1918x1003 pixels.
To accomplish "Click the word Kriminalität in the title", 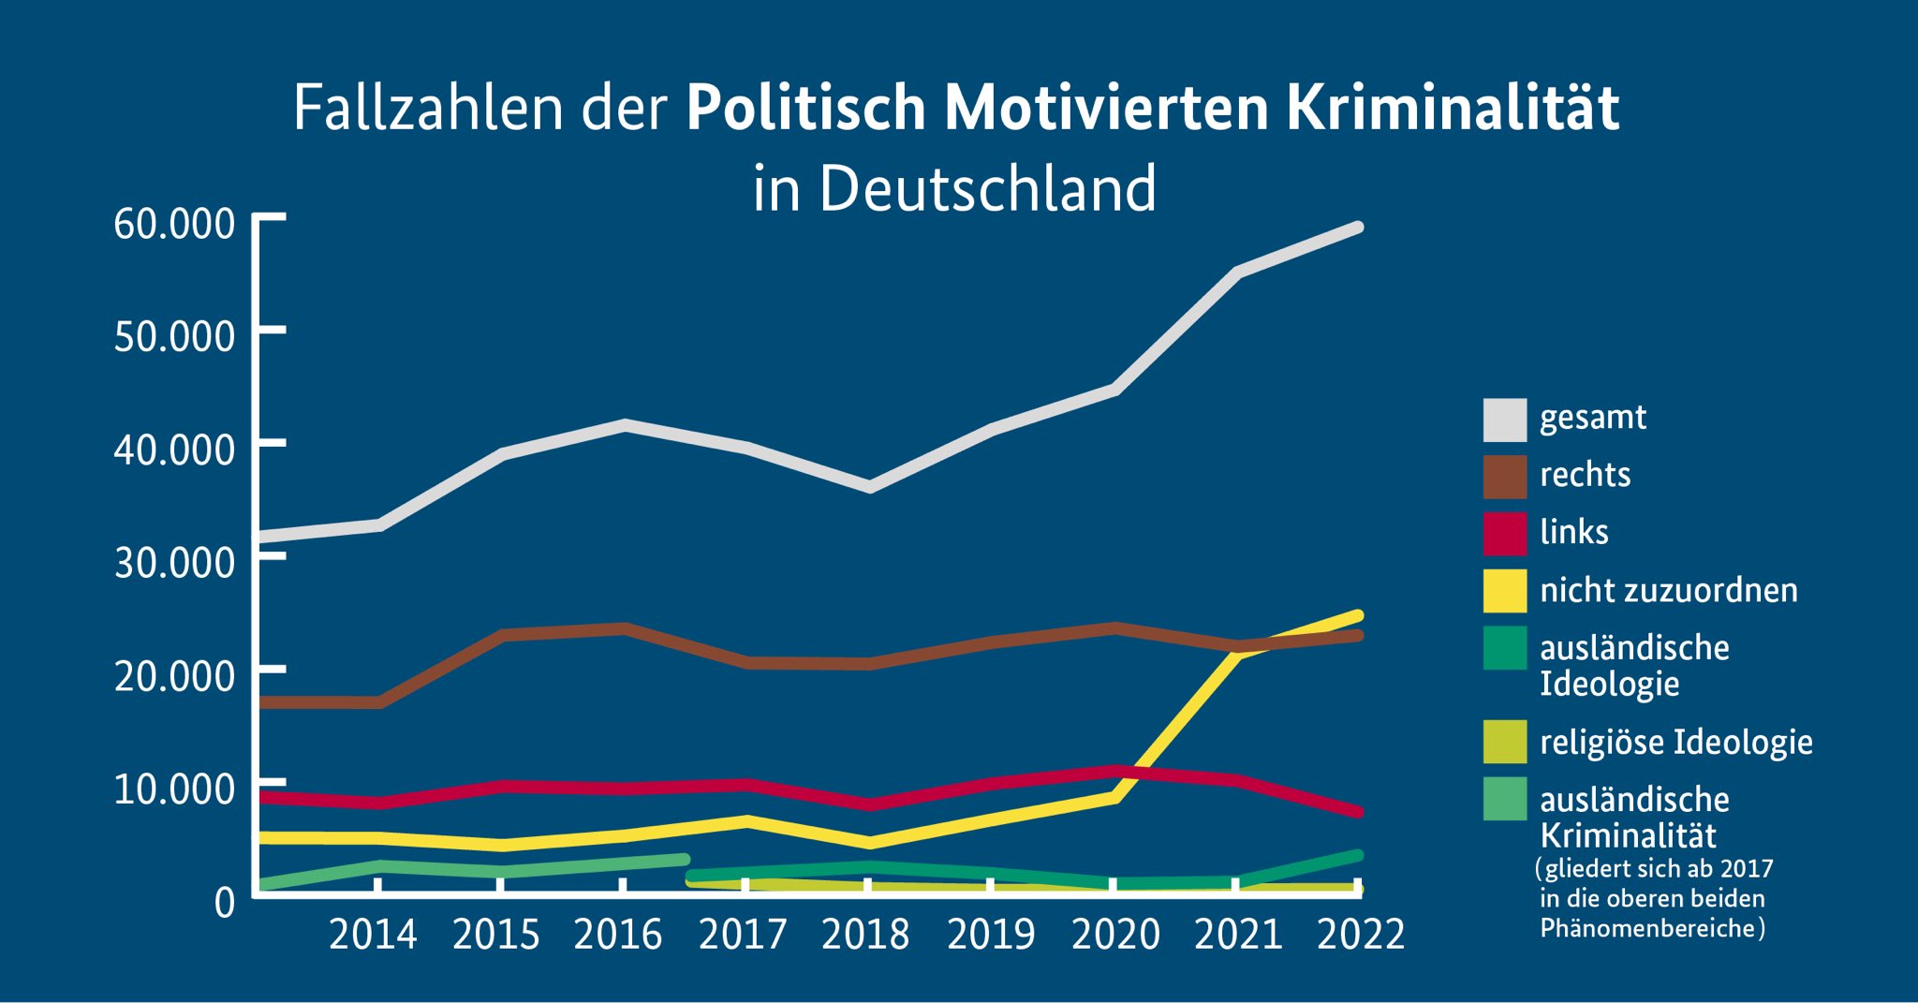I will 1453,108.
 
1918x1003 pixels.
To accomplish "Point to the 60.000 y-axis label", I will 174,224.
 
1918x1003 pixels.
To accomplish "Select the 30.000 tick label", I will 174,563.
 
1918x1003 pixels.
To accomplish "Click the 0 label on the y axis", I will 225,903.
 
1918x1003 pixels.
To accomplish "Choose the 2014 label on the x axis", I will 373,935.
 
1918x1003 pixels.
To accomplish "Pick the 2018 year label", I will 865,935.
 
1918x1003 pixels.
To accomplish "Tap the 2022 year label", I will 1361,935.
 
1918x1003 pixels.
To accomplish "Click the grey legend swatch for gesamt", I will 1504,420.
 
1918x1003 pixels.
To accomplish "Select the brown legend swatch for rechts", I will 1504,477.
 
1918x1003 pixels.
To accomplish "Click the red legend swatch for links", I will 1504,534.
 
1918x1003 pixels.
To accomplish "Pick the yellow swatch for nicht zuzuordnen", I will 1504,591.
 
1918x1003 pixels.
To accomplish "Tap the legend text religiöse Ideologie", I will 1676,743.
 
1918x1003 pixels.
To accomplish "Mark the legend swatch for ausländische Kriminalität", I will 1504,799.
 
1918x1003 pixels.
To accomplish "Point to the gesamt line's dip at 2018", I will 870,487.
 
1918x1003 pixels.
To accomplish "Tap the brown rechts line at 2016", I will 624,628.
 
